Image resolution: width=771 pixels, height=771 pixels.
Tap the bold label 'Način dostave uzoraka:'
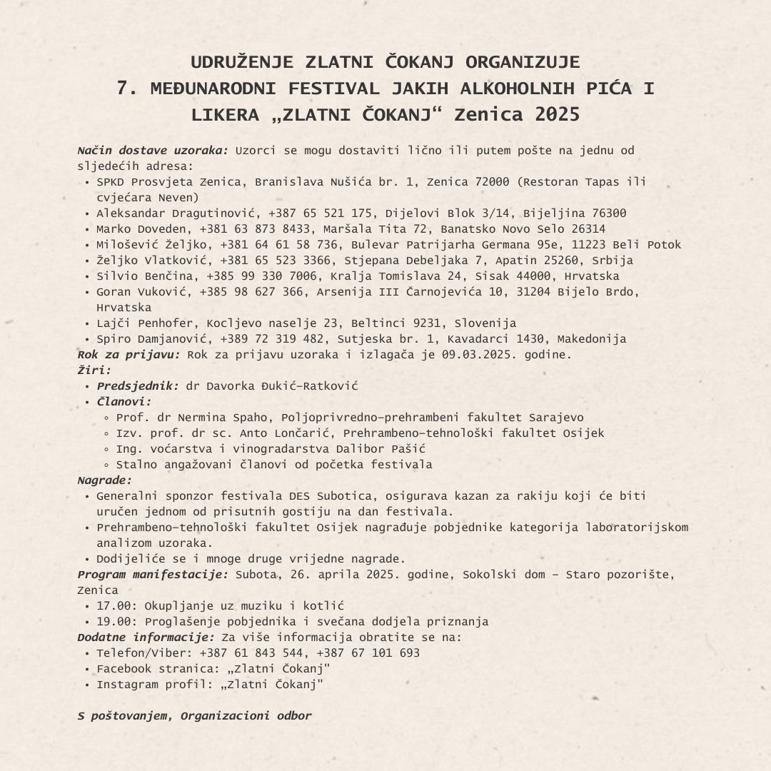click(x=153, y=151)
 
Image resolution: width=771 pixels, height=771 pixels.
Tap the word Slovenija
click(x=485, y=323)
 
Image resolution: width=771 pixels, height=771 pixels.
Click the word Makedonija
click(x=592, y=339)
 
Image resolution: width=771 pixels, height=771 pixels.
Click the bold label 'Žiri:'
click(x=94, y=371)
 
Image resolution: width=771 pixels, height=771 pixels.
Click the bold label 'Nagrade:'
click(x=104, y=480)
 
